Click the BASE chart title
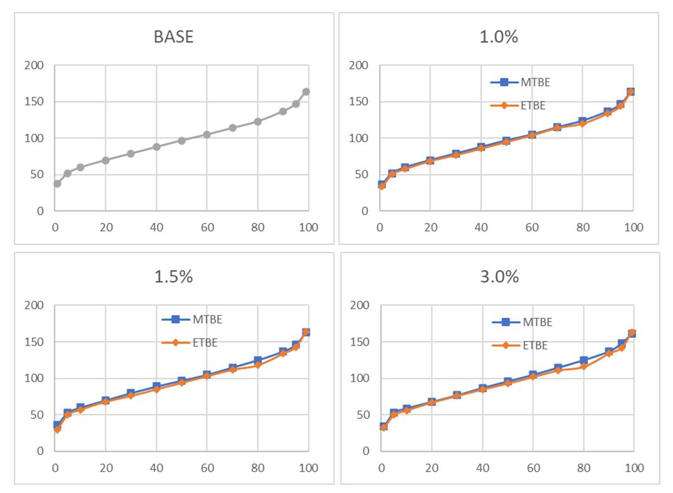tap(174, 36)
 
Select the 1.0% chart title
tap(498, 36)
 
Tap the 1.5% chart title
tap(174, 276)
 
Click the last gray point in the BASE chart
tap(306, 92)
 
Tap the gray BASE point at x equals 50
tap(181, 141)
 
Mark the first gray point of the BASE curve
tap(57, 183)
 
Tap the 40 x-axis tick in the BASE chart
tap(156, 227)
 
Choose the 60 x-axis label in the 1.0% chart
tap(531, 227)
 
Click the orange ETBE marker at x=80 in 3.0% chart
tap(583, 366)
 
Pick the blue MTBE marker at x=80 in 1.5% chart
tap(257, 360)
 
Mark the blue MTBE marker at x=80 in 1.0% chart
tap(582, 121)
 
